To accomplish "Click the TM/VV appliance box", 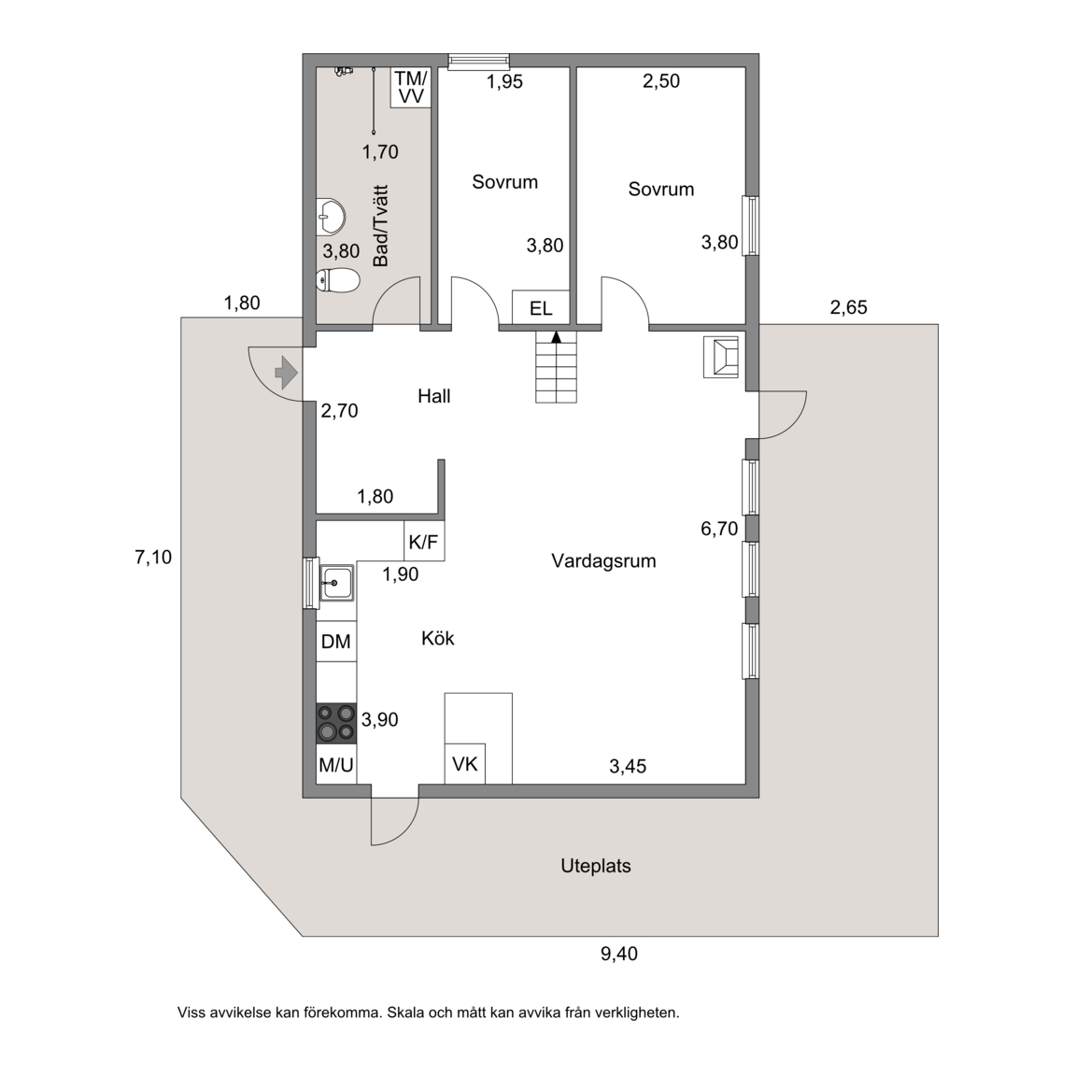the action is click(410, 87).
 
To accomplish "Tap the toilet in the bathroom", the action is click(337, 280).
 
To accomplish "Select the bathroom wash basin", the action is click(331, 216).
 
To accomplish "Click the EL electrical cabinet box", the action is click(541, 307).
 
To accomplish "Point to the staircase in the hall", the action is click(556, 367).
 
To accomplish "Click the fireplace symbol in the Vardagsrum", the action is click(720, 357).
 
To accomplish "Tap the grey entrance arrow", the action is click(286, 374).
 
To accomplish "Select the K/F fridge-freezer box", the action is click(423, 542).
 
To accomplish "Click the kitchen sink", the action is click(336, 583).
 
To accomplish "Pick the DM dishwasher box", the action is click(336, 641).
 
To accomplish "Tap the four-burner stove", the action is click(336, 723).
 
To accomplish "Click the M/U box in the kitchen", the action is click(336, 764).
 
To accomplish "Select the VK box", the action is click(464, 764).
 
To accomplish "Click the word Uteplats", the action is click(596, 866).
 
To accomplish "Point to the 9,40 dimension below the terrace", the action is click(619, 954).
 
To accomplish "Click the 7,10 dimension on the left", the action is click(153, 558).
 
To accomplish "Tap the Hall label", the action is click(434, 396).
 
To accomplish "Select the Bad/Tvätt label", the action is click(380, 226).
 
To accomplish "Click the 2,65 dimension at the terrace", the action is click(849, 307).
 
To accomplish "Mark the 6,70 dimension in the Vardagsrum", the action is click(719, 529).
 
